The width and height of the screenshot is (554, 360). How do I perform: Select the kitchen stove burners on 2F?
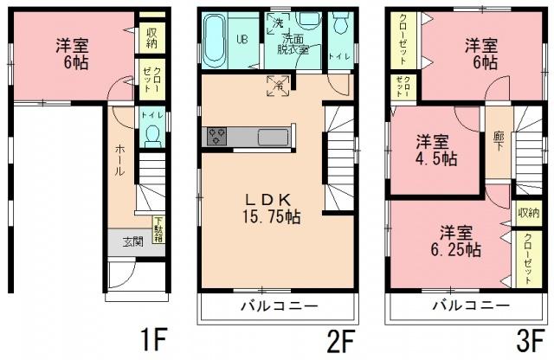click(x=216, y=137)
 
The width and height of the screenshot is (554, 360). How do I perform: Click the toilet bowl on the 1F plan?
click(x=152, y=136)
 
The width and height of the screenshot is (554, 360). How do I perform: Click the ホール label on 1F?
click(x=120, y=160)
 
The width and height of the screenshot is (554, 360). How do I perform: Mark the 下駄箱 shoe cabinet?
click(x=158, y=229)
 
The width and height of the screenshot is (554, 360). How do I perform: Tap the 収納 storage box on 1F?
click(x=151, y=37)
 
